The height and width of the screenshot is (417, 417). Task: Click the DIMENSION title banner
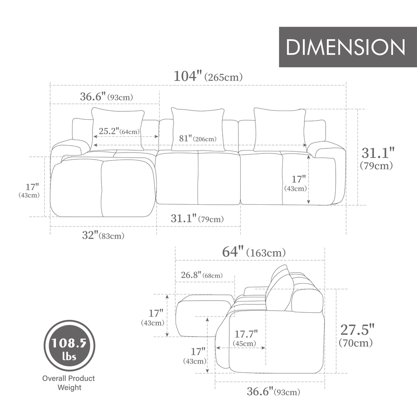coord(347,47)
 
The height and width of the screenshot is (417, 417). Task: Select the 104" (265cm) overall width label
coord(208,76)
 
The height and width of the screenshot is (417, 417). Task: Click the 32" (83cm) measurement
coord(103,236)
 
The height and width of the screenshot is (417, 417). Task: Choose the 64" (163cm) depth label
coord(254,252)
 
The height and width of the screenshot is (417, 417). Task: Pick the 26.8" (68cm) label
coord(201,275)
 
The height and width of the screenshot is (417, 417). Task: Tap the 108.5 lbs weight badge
coord(70,345)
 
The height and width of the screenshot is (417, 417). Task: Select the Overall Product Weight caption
coord(68,383)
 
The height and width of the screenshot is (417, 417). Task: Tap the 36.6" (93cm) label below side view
coord(273,392)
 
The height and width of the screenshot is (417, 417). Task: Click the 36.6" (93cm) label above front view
coord(106,97)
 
